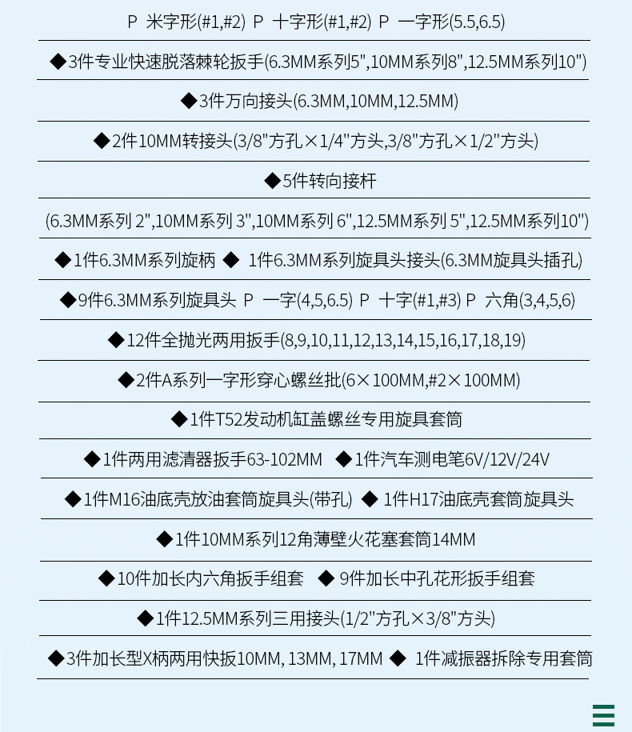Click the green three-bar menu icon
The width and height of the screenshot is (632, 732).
coord(603,716)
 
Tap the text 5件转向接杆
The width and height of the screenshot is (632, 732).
coord(329,181)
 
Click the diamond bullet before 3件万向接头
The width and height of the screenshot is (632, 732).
coord(189,100)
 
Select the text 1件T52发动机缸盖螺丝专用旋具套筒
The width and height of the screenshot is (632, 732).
coord(326,419)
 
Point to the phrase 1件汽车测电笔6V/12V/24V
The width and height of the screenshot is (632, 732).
coord(452,459)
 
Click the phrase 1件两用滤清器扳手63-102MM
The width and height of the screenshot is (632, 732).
coord(212,459)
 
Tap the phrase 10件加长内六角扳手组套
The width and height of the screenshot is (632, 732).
coord(210,579)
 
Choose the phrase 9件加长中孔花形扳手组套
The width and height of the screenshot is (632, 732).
coord(437,579)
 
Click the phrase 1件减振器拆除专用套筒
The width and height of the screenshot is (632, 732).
coord(504,658)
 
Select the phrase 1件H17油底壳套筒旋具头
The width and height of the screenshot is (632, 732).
coord(478,499)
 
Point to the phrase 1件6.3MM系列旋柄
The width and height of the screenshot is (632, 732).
coord(145,260)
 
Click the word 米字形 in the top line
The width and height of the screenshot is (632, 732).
coord(171,22)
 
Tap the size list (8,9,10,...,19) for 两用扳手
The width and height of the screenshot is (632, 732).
coord(403,340)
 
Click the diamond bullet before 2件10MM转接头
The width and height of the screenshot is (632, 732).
coord(102,141)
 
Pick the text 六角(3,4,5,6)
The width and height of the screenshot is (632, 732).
coord(530,300)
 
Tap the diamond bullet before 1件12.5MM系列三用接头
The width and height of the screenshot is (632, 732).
coord(145,618)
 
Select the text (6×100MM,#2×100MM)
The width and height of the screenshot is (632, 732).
coord(431,380)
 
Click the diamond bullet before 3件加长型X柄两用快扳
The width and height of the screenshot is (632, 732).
coord(56,658)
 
